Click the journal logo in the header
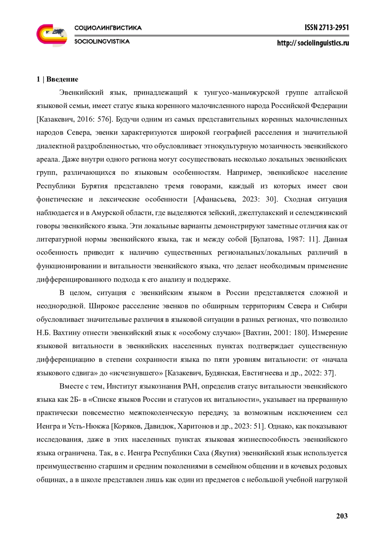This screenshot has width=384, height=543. (52, 35)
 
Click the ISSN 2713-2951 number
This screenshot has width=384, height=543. (326, 28)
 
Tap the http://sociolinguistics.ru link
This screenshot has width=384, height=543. (313, 43)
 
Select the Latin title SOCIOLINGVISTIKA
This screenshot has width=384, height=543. (102, 42)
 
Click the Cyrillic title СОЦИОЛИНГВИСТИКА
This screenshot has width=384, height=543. (108, 28)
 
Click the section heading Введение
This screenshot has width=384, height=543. (62, 79)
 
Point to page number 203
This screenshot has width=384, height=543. (342, 516)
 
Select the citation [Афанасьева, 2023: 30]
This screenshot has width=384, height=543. (235, 199)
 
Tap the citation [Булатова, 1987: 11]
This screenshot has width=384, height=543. (285, 239)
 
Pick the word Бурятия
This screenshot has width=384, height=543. (94, 186)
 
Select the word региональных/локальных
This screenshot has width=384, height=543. (260, 253)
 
